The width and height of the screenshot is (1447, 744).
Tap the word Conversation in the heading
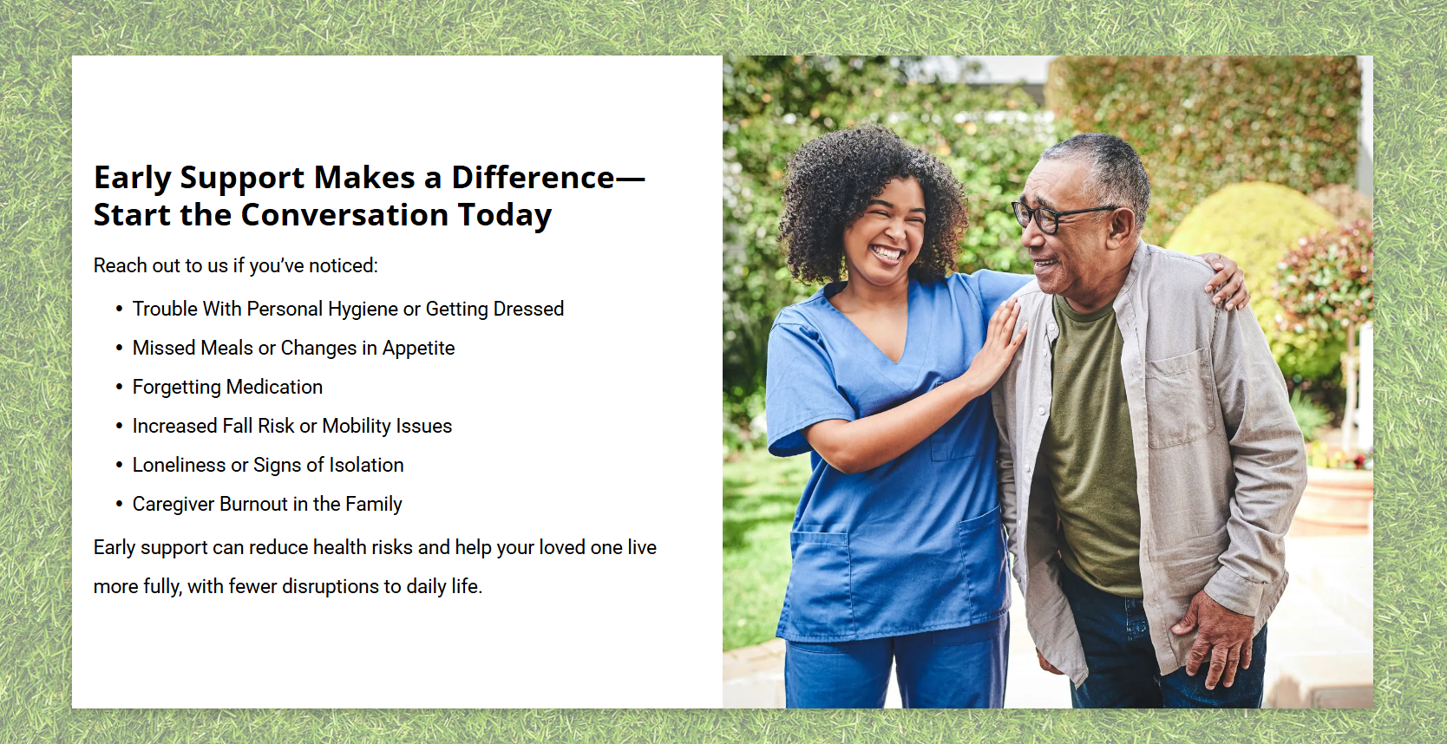[x=344, y=214]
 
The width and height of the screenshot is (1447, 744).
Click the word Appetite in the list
[x=419, y=349]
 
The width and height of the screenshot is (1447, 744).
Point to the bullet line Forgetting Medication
[x=227, y=387]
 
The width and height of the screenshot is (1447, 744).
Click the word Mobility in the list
[x=357, y=427]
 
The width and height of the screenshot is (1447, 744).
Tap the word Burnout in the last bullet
[x=253, y=504]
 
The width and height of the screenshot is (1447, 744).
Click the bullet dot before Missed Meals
[x=119, y=348]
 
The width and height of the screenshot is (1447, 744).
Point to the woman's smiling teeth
[x=888, y=252]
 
